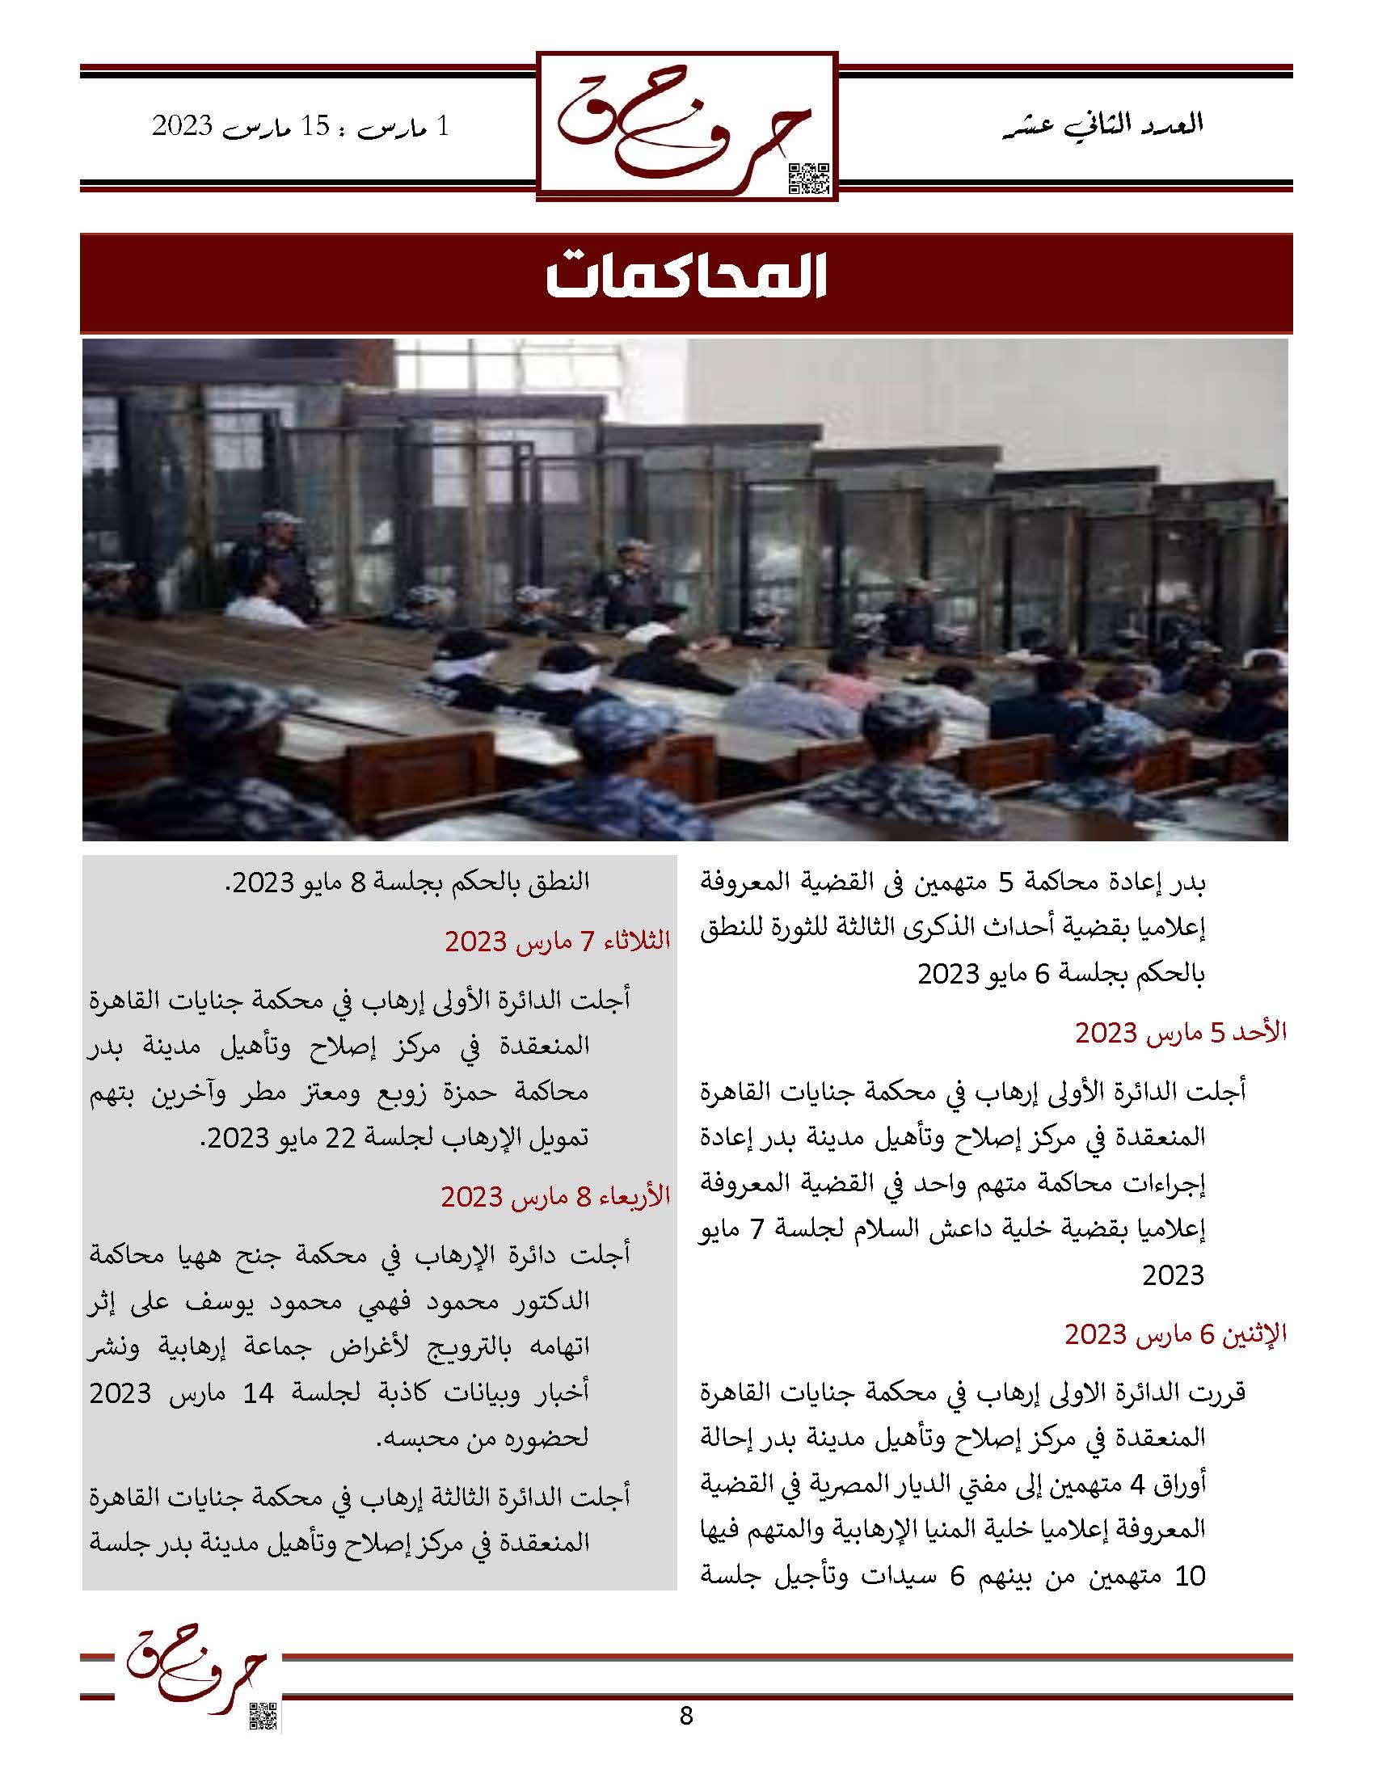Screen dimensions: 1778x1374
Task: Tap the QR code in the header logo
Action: point(809,179)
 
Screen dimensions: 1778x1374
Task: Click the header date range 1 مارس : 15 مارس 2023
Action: point(301,127)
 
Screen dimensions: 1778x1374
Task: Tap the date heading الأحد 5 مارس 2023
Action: point(1180,1032)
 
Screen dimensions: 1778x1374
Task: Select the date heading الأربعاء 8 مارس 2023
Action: point(555,1196)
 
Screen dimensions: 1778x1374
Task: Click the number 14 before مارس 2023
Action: point(258,1393)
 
